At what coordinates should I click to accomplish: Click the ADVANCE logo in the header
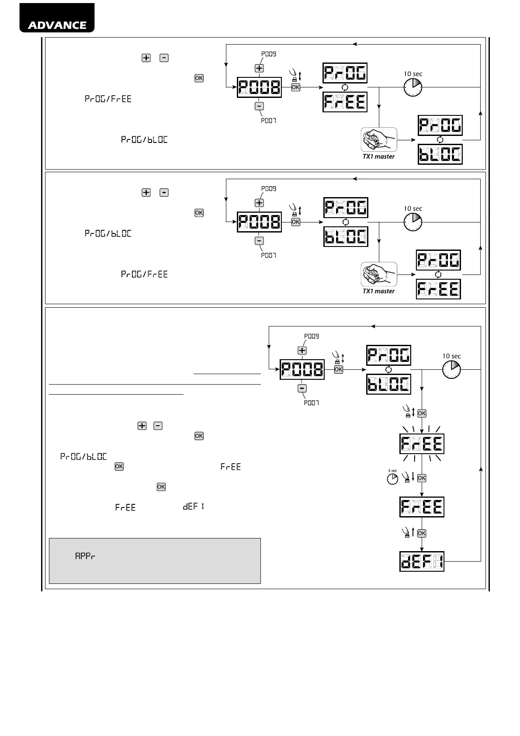(57, 24)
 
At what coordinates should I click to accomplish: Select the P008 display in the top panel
(259, 88)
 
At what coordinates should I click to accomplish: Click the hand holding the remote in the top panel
(378, 140)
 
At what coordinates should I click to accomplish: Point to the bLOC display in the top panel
(440, 154)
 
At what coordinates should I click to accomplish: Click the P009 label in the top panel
(269, 54)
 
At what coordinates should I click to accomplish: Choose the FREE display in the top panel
(345, 102)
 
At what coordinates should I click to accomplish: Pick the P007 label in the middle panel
(268, 255)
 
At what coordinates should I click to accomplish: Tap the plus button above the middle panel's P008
(259, 203)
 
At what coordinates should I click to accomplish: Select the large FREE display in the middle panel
(438, 289)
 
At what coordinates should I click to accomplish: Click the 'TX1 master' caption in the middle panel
(378, 291)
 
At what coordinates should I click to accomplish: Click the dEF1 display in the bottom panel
(422, 561)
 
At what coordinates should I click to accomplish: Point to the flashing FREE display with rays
(422, 444)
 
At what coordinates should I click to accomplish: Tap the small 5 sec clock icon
(392, 479)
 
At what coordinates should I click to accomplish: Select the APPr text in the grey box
(85, 557)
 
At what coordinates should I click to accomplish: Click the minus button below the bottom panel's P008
(302, 389)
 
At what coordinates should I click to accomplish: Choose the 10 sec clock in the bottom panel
(452, 369)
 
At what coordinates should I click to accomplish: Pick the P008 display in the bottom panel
(302, 370)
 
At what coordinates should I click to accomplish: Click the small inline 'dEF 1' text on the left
(194, 507)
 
